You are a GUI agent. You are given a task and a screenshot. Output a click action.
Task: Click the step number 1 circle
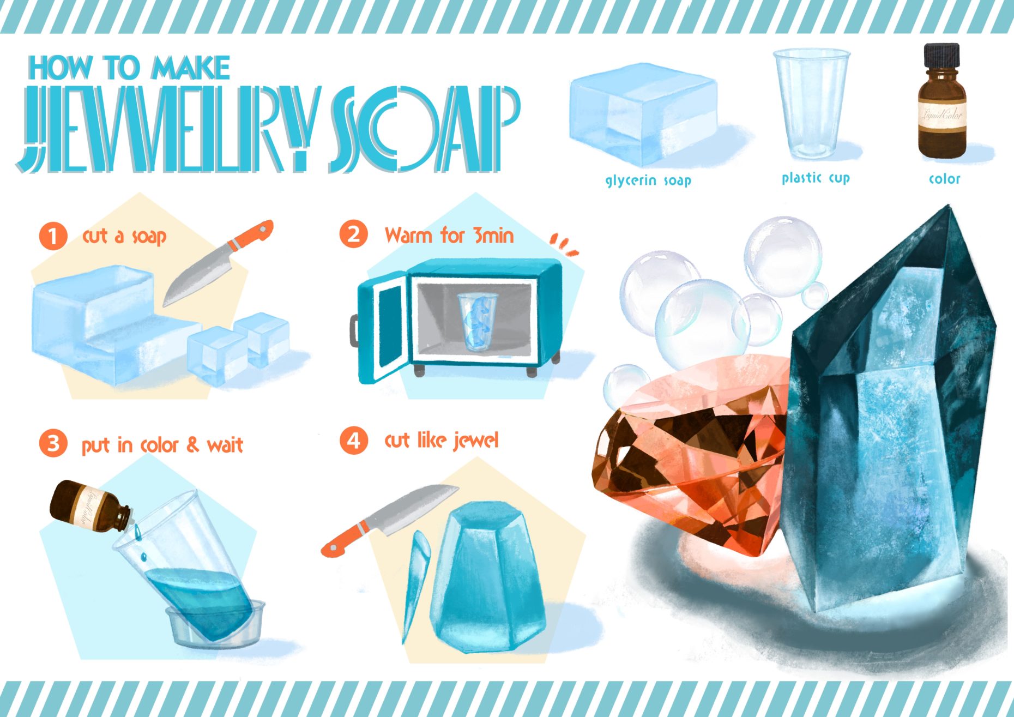coord(53,237)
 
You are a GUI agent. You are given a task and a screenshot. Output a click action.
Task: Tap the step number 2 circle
coord(354,234)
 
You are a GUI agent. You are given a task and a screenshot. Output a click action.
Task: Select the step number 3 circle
coord(53,443)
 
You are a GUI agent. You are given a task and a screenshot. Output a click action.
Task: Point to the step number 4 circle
coord(354,440)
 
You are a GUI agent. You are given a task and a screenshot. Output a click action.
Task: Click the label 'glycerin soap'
coord(648,180)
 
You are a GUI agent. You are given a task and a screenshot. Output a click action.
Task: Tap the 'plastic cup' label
coord(816,178)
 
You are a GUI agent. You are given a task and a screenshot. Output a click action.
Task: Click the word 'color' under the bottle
coord(944,178)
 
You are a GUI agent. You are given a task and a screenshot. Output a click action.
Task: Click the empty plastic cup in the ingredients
coord(811,104)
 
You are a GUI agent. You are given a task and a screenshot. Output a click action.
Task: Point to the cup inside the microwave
coord(478,321)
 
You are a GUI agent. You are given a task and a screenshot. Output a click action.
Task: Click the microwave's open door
coord(381,327)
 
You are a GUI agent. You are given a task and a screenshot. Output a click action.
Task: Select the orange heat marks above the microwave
coord(564,244)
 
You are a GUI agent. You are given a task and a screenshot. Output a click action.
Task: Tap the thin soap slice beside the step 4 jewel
coord(416,586)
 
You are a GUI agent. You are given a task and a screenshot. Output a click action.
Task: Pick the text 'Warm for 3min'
coord(449,236)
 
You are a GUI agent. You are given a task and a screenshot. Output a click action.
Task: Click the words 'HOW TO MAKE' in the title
coord(129,68)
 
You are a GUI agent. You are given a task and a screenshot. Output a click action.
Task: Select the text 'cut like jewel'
coord(441,441)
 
